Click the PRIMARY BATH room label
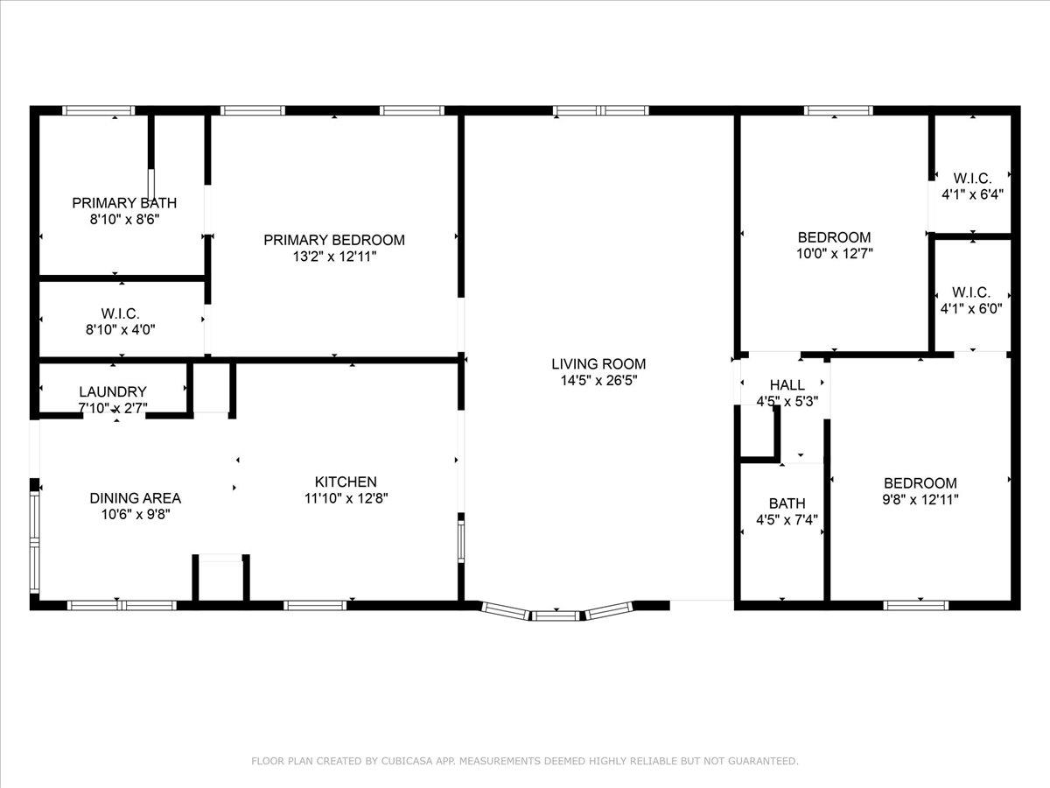tap(124, 203)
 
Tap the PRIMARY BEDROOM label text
tap(334, 240)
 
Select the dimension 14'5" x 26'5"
tap(598, 381)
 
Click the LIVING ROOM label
tap(598, 364)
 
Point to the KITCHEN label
tap(346, 482)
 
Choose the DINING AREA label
tap(136, 498)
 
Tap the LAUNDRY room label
tap(113, 392)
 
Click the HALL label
tap(787, 385)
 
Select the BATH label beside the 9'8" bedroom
tap(787, 503)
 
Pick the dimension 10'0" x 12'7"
tap(834, 254)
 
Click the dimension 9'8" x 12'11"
tap(920, 500)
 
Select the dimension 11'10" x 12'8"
tap(346, 498)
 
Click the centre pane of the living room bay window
tap(557, 616)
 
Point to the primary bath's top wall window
tap(98, 111)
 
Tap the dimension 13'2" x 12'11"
tap(334, 257)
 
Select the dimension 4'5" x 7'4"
tap(787, 520)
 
